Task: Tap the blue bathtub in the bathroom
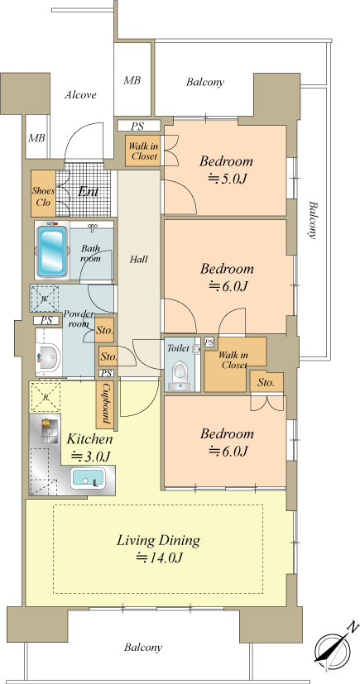click(51, 251)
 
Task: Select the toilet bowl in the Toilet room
click(179, 371)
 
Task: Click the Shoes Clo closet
click(43, 194)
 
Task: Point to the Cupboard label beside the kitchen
click(105, 404)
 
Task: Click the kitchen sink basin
click(89, 479)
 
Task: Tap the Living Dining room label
click(158, 541)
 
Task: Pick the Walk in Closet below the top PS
click(142, 151)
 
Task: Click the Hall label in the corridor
click(139, 260)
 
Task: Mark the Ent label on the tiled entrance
click(89, 192)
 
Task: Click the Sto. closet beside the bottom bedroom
click(266, 382)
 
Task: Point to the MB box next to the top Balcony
click(132, 80)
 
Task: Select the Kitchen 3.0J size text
click(91, 457)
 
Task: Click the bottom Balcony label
click(143, 647)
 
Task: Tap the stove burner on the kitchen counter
click(46, 423)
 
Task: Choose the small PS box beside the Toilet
click(209, 342)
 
